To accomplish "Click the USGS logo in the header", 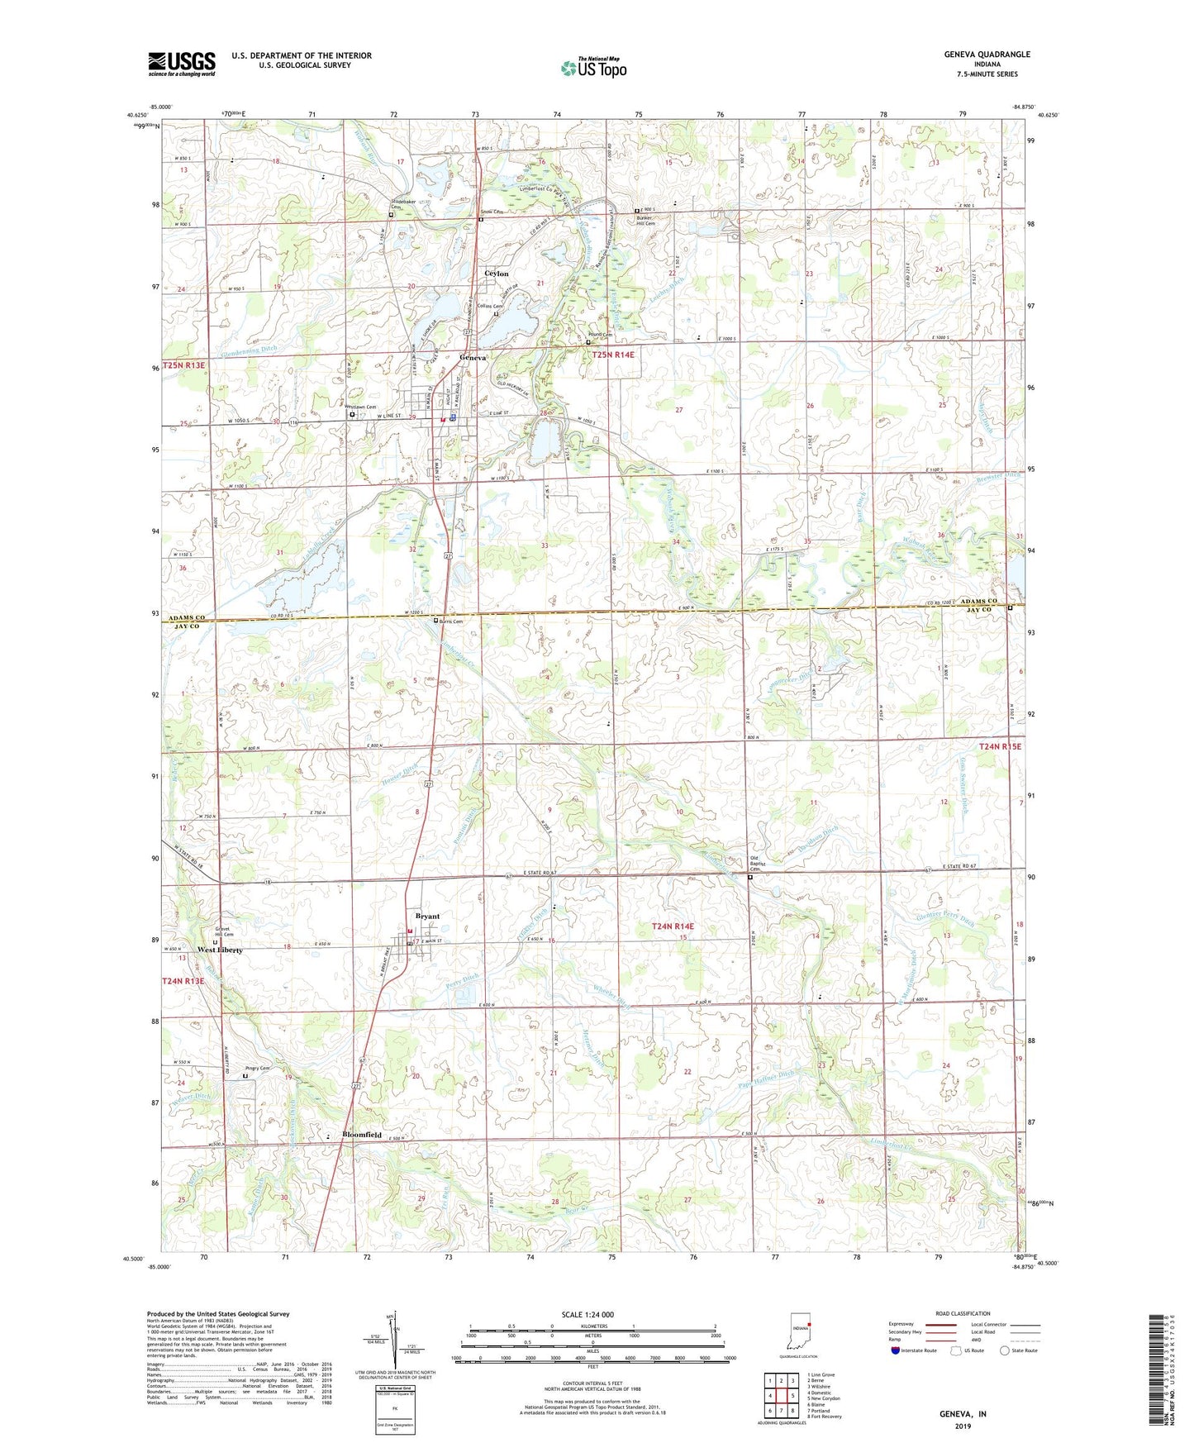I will pos(182,63).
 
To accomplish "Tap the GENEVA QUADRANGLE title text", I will pos(987,55).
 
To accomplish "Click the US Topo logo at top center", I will pos(593,68).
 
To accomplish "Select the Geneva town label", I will pos(473,358).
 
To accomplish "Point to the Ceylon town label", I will pos(496,274).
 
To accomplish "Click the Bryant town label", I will pos(427,917).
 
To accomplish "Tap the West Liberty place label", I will pos(220,950).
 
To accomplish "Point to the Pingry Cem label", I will pos(258,1069).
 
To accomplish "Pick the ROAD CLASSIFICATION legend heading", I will pos(962,1313).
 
